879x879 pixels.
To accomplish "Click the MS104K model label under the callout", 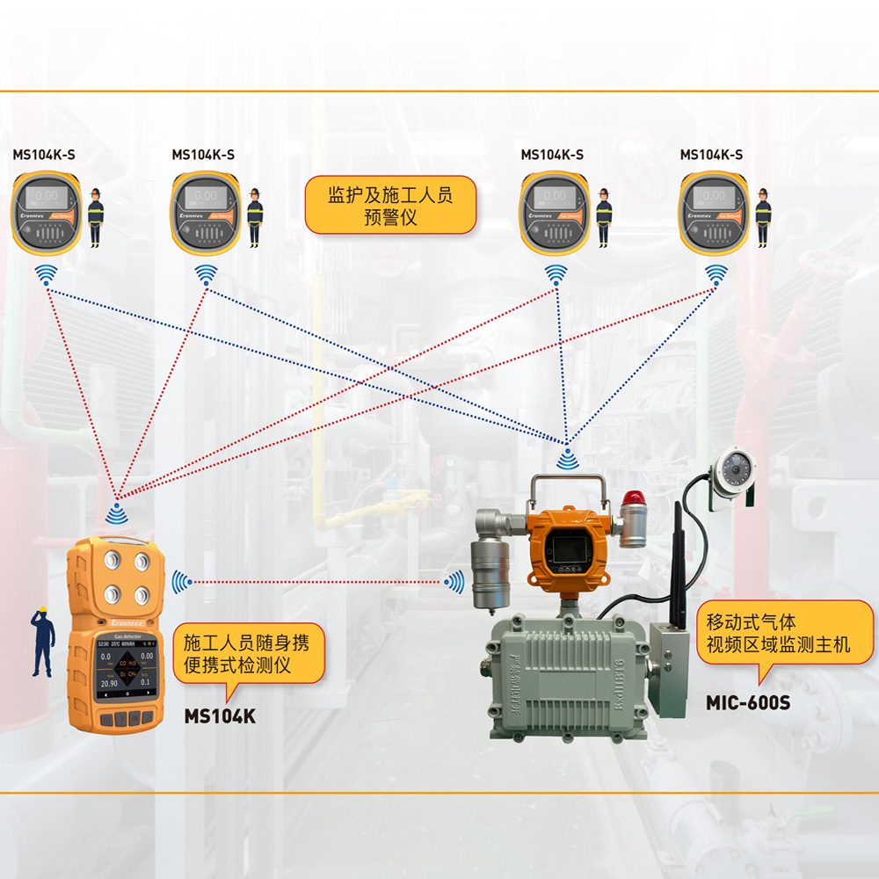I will pyautogui.click(x=220, y=716).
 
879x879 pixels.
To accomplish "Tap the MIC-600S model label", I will pyautogui.click(x=748, y=703).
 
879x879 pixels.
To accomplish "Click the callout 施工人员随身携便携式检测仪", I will pyautogui.click(x=247, y=654).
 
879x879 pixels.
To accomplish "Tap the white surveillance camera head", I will pyautogui.click(x=732, y=470).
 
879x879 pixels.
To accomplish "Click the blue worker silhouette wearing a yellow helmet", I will pyautogui.click(x=40, y=641).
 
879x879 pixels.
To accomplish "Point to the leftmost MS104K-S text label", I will pyautogui.click(x=44, y=155).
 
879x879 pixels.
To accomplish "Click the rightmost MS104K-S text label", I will pyautogui.click(x=711, y=155).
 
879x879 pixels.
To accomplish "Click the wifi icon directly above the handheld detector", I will pyautogui.click(x=117, y=511).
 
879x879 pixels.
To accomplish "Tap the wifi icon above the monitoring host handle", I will pyautogui.click(x=567, y=458).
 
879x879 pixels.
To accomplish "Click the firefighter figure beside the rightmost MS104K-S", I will pyautogui.click(x=763, y=217).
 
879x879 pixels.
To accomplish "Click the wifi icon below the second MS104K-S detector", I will pyautogui.click(x=206, y=274).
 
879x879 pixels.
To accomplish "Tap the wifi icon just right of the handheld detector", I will pyautogui.click(x=181, y=580).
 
